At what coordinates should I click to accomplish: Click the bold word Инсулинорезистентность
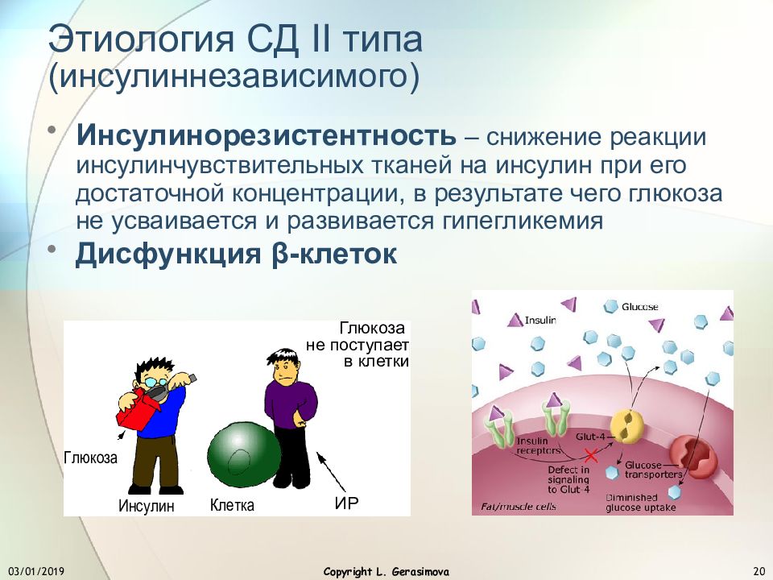(267, 135)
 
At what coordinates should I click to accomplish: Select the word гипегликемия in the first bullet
(522, 222)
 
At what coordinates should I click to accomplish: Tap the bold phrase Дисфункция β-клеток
(236, 254)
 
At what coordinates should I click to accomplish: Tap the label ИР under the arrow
(346, 503)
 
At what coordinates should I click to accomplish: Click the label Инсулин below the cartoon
(147, 506)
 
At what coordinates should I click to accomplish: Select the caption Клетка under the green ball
(232, 505)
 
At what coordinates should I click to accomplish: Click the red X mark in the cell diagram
(591, 455)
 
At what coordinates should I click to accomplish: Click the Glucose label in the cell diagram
(640, 307)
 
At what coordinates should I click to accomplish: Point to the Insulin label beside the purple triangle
(540, 321)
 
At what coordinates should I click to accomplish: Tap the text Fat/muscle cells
(518, 507)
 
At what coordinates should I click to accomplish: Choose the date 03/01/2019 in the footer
(36, 572)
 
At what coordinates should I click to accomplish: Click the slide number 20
(759, 572)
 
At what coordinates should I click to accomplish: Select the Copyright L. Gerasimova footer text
(386, 572)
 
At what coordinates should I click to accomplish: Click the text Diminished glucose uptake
(640, 503)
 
